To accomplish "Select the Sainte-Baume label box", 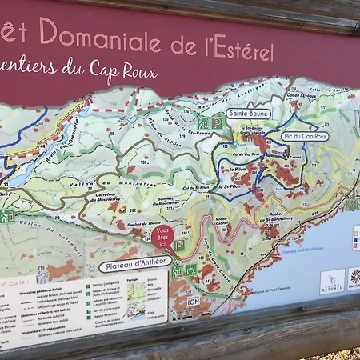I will (248, 114).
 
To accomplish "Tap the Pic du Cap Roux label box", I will (306, 137).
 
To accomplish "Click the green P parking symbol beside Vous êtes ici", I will (180, 245).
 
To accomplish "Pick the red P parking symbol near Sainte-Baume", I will (217, 122).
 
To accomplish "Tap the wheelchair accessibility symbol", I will (191, 270).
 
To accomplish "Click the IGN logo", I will (194, 301).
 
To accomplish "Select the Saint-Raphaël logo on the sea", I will (332, 281).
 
